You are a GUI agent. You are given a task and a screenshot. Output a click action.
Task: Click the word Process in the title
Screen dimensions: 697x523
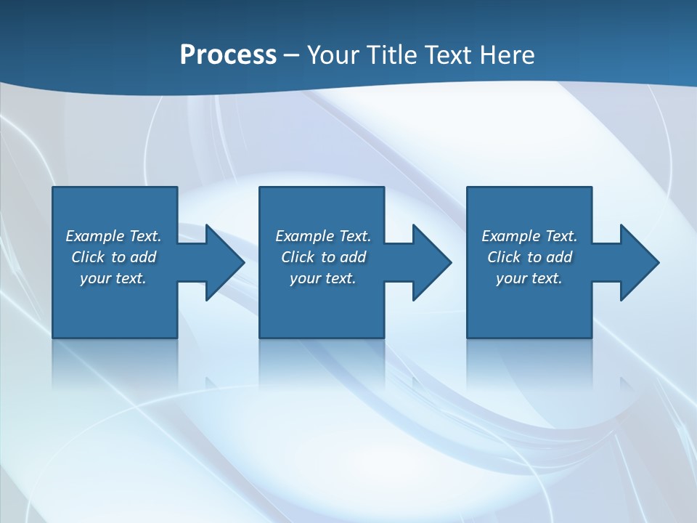(228, 55)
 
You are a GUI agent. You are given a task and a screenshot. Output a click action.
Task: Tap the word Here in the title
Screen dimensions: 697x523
(506, 55)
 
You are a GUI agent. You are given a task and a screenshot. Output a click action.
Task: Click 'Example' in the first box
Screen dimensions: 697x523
(95, 236)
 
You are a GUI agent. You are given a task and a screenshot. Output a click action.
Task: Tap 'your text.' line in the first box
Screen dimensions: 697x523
(113, 278)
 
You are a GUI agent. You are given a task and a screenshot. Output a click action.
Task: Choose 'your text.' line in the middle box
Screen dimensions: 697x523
(323, 278)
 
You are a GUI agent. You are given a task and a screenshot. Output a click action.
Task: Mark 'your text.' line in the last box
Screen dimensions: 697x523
(529, 278)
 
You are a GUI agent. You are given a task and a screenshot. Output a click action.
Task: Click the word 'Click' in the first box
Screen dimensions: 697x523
(88, 257)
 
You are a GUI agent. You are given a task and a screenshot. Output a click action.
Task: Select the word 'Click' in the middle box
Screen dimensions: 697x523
(298, 257)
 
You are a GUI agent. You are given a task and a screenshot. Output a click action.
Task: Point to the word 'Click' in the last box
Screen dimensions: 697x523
(504, 257)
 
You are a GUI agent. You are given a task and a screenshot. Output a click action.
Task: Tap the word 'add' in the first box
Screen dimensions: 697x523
(143, 257)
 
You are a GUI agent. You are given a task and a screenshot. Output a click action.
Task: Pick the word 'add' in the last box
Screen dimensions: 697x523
(559, 257)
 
